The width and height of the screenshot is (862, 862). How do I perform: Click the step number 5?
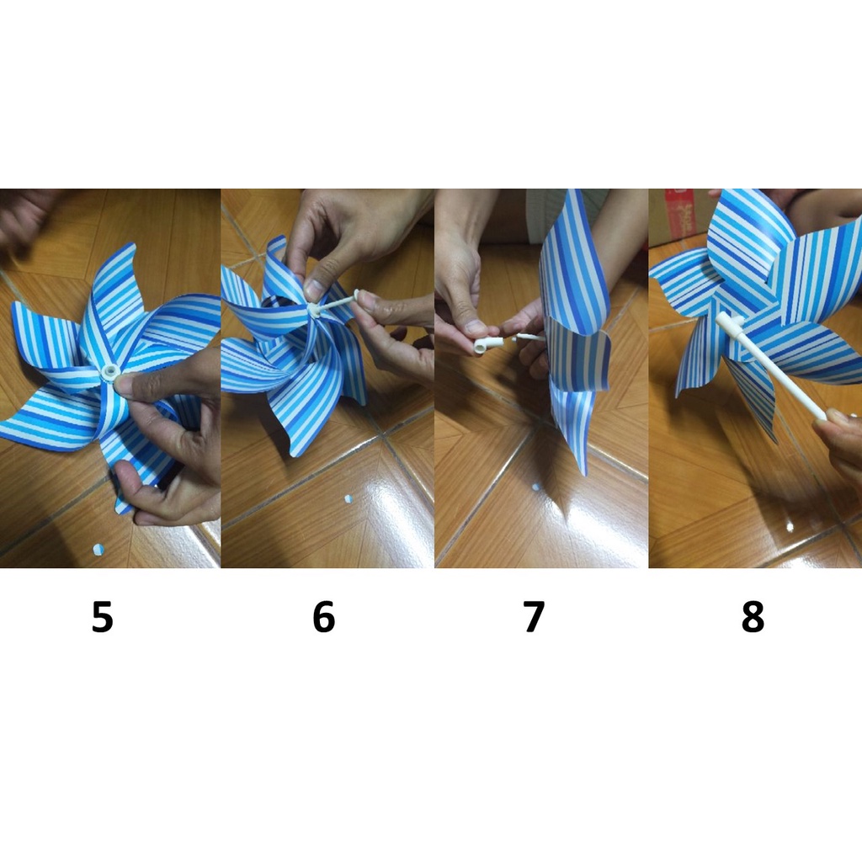click(x=102, y=617)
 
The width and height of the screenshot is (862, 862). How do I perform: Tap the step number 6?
click(x=324, y=617)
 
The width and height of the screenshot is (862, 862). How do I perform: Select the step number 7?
click(x=534, y=617)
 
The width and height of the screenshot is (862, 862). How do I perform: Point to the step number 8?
click(x=753, y=617)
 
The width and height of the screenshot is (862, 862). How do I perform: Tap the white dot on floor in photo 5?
click(x=98, y=549)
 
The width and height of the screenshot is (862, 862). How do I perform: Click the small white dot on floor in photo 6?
click(x=348, y=499)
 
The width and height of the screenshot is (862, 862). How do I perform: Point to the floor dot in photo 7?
click(x=536, y=487)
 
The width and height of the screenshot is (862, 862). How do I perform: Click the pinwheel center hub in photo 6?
click(x=313, y=310)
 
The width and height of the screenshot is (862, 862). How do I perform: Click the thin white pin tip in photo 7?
click(x=528, y=337)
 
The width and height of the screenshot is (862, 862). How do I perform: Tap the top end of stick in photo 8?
click(x=721, y=318)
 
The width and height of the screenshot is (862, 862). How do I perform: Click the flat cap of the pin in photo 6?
click(x=357, y=295)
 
